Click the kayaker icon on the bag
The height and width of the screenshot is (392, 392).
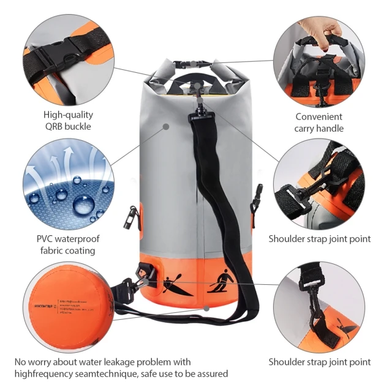point(178,285)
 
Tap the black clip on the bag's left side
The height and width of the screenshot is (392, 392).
point(129,218)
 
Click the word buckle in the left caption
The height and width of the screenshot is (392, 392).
point(78,126)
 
